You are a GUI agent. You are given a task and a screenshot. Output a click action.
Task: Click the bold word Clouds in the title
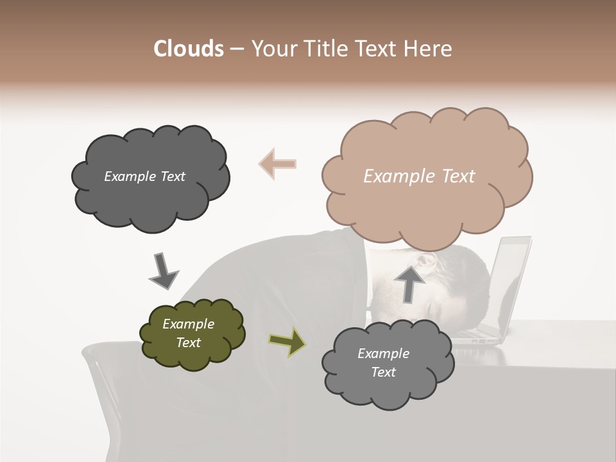click(188, 49)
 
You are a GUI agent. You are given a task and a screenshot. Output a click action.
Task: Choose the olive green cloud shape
click(193, 356)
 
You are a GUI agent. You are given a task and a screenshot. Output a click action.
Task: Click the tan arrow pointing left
click(277, 164)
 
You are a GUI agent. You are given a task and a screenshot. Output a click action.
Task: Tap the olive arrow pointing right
click(287, 341)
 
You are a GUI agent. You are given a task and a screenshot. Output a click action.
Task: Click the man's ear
click(425, 261)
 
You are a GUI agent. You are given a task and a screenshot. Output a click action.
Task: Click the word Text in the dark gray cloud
click(172, 176)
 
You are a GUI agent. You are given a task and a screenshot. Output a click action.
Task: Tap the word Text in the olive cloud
click(189, 343)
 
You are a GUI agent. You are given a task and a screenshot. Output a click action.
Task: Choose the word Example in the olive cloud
click(189, 324)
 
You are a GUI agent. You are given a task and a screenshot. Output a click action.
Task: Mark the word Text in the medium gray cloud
click(383, 372)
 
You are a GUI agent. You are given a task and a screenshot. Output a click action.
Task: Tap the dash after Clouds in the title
click(237, 49)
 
